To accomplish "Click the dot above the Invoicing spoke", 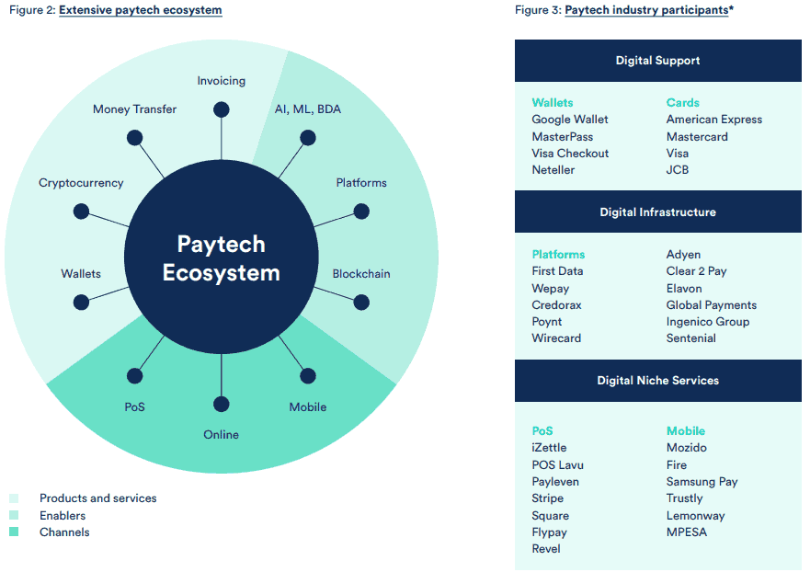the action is coord(221,109).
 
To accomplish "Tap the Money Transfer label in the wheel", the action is coord(135,109).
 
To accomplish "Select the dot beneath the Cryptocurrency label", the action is coord(81,212).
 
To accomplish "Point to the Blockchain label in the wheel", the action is coord(361,274).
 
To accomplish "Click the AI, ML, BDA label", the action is coord(308,109).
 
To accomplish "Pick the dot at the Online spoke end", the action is coord(221,404).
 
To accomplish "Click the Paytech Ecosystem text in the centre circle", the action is coord(221,258).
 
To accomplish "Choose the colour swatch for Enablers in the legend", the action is coord(14,515).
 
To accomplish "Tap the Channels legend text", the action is coord(64,532).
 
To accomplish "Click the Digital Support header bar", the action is coord(657,61).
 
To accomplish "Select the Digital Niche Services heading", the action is coord(657,381).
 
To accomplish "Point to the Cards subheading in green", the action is coord(682,103).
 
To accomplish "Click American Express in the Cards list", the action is coord(713,120).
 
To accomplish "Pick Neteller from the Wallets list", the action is coord(553,170).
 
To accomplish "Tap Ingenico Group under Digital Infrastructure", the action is coord(708,322).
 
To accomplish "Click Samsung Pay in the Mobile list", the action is coord(702,482).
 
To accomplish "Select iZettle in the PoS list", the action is coord(549,448).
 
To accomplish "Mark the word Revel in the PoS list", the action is coord(546,549).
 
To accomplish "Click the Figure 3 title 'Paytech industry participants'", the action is coord(646,10).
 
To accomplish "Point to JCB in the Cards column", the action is coord(678,170).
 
